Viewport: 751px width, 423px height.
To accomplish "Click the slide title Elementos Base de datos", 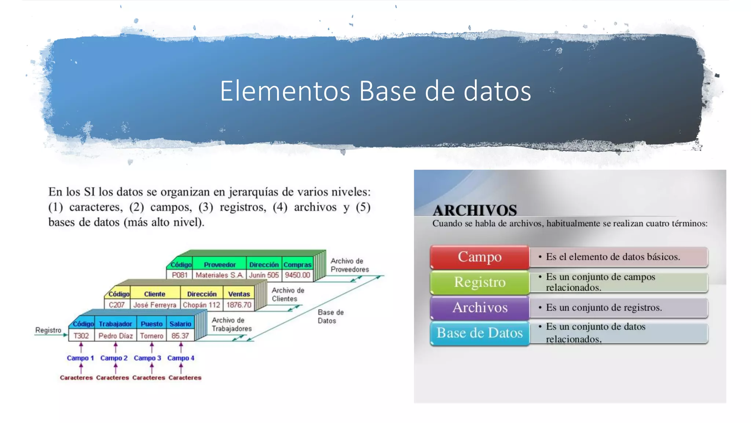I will point(375,91).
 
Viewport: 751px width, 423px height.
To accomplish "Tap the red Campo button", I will point(480,257).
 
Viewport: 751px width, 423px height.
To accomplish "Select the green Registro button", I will point(480,282).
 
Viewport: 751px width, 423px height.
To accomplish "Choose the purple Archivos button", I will point(480,307).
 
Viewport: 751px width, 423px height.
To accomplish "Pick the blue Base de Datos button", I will point(480,333).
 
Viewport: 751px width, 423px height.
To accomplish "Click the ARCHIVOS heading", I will point(475,210).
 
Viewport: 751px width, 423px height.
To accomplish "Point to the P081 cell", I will point(180,275).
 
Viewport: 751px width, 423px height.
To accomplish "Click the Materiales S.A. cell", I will point(219,275).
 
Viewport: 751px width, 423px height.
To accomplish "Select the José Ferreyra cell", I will point(155,305).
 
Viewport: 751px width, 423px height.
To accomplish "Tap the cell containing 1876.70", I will point(239,305).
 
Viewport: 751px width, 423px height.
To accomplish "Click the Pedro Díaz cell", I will point(116,336).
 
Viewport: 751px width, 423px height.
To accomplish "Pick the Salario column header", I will point(180,324).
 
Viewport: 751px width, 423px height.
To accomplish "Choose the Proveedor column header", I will point(220,265).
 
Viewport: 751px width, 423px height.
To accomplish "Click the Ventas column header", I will point(239,294).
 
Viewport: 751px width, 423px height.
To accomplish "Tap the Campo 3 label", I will point(147,358).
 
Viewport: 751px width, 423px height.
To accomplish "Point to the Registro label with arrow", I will point(48,330).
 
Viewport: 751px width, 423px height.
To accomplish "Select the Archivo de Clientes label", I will point(287,294).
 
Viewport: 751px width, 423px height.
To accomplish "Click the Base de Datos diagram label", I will point(330,316).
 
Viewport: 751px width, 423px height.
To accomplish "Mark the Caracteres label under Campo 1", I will point(76,377).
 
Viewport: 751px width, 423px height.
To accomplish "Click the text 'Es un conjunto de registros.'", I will point(604,308).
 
